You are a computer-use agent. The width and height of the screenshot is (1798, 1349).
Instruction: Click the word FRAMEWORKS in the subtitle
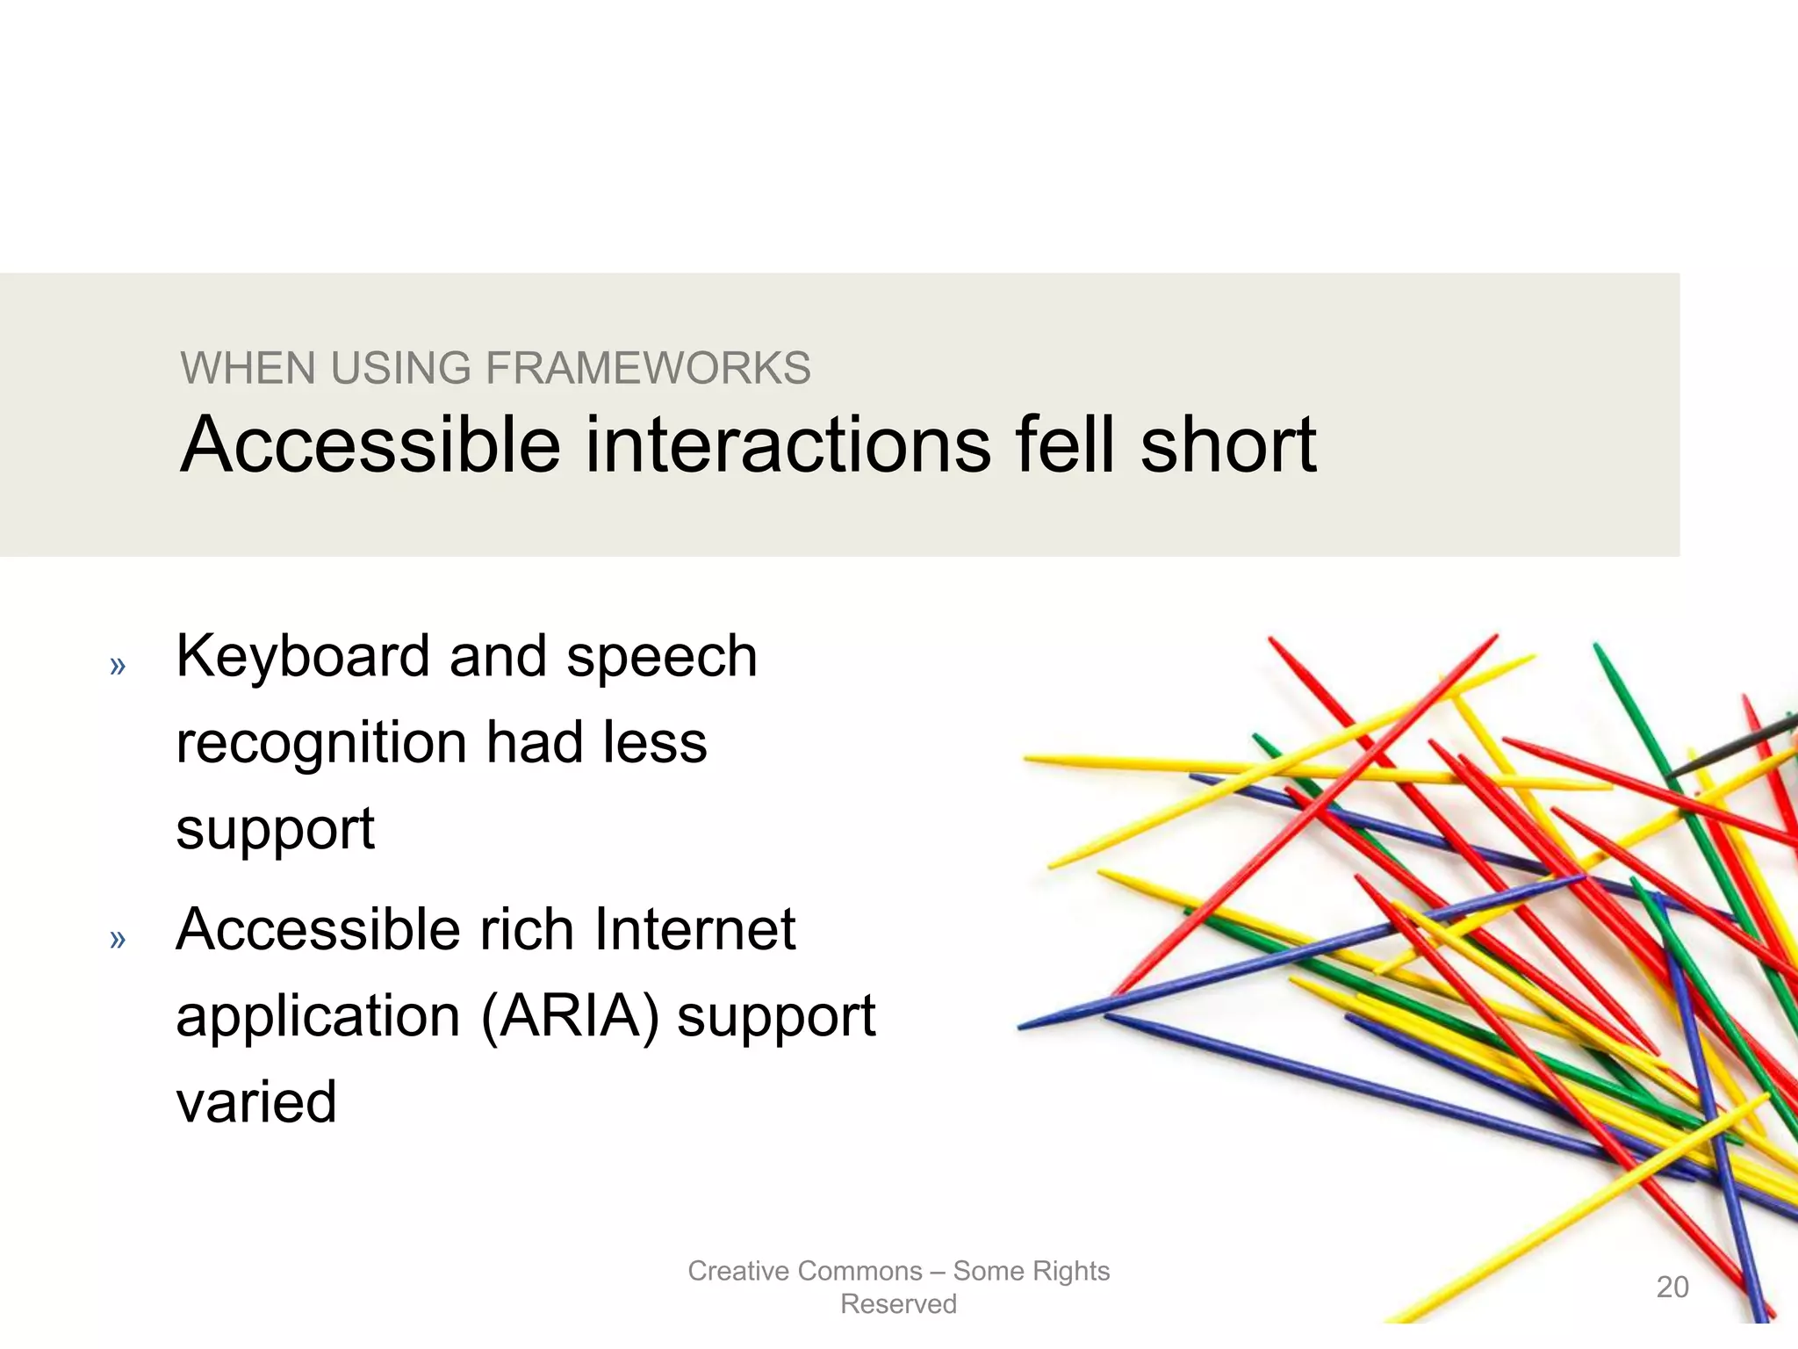pyautogui.click(x=648, y=368)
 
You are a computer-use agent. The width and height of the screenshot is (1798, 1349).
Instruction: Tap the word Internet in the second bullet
pyautogui.click(x=694, y=929)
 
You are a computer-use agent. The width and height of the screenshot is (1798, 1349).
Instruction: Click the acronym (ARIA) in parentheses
pyautogui.click(x=570, y=1017)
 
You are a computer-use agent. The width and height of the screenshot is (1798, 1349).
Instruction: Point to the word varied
pyautogui.click(x=256, y=1102)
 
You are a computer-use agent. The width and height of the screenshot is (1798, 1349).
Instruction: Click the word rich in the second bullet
pyautogui.click(x=526, y=929)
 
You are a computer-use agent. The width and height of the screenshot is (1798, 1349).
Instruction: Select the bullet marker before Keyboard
pyautogui.click(x=118, y=667)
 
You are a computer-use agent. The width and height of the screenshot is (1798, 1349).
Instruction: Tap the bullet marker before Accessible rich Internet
pyautogui.click(x=118, y=940)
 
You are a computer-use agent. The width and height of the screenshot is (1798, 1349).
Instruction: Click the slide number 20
pyautogui.click(x=1672, y=1287)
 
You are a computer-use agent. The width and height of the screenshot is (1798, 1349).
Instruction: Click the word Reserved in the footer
pyautogui.click(x=898, y=1304)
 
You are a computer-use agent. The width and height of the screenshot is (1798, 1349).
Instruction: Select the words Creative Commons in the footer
pyautogui.click(x=804, y=1271)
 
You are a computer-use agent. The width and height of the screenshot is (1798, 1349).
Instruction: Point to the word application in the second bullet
pyautogui.click(x=318, y=1017)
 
